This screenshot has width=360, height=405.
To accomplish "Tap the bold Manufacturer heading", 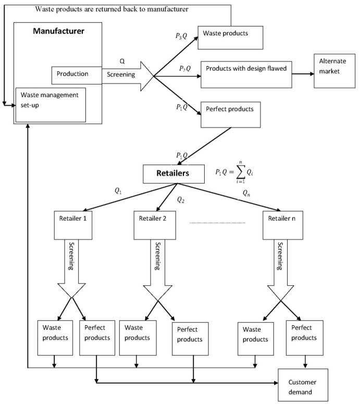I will click(58, 31).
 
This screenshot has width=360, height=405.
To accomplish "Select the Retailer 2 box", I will click(154, 219).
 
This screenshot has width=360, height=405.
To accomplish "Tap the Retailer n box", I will click(282, 219).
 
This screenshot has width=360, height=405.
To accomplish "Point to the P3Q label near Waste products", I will click(182, 37).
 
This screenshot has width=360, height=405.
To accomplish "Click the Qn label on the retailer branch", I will click(248, 193).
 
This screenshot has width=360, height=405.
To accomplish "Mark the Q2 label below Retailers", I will click(181, 199).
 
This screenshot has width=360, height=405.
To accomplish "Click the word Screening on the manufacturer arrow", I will click(121, 74).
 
